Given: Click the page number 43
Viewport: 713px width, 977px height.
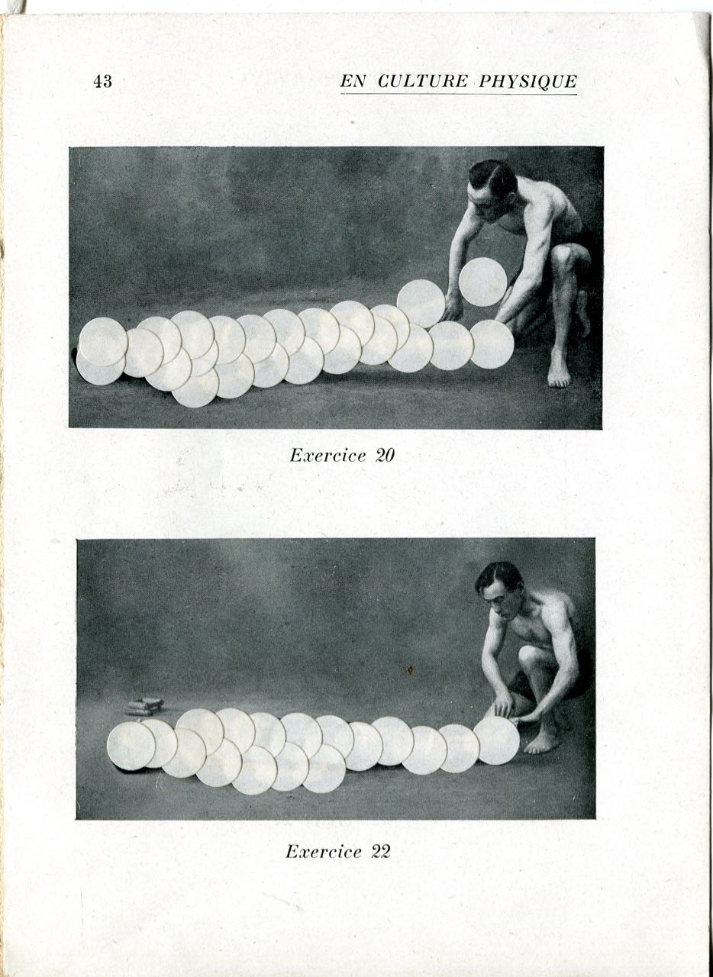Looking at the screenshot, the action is pos(102,82).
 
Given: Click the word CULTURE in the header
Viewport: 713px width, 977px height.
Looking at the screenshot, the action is pos(422,82).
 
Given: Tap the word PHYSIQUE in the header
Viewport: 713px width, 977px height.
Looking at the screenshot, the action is pos(528,82).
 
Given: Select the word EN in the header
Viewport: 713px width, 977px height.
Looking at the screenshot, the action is pos(353,82).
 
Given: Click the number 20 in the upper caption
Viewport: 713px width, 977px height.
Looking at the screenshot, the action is pos(385,456).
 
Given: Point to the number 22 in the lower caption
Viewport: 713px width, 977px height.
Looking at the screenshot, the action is pos(380,839).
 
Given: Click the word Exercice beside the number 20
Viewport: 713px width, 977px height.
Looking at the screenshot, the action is pos(327,456).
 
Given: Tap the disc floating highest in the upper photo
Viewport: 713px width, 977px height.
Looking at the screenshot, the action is pos(483,282).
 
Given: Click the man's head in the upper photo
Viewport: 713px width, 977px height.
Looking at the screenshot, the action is pos(491,188).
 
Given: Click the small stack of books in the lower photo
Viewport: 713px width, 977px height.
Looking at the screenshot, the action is pos(144,707).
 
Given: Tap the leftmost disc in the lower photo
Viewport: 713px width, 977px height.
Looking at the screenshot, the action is pos(131,746).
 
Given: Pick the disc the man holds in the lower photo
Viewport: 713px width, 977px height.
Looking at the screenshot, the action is pos(496,741).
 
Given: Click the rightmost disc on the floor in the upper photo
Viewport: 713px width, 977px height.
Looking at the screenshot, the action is pos(492,344).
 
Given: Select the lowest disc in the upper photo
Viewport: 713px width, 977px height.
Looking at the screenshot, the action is pos(195,386).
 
